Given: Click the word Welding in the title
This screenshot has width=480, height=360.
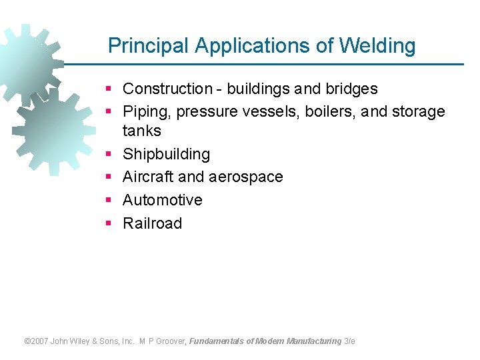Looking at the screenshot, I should (377, 46).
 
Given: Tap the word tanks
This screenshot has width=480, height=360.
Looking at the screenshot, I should (142, 131).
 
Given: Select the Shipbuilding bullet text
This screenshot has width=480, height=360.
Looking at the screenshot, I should (167, 154).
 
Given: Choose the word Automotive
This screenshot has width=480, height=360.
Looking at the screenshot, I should (163, 200).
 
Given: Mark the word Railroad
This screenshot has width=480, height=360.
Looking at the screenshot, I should (153, 223).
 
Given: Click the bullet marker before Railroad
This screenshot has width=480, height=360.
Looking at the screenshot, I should (108, 223).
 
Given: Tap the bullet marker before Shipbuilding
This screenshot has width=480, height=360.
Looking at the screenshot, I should (108, 154).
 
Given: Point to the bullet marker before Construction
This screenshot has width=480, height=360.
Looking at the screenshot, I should (108, 89).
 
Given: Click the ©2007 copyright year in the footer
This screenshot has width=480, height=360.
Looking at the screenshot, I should (38, 341).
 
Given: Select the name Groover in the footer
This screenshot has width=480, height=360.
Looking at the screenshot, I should (172, 341).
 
